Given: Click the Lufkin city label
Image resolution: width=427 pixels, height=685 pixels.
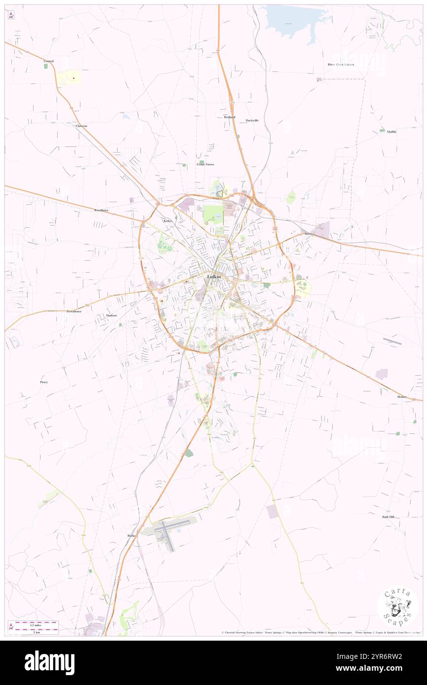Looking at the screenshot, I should pos(214,277).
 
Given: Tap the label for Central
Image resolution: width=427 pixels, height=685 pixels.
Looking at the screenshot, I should pos(48,61).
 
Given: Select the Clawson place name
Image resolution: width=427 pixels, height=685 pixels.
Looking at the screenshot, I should pos(81,126).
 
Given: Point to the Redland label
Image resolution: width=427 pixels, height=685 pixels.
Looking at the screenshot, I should pos(229,117).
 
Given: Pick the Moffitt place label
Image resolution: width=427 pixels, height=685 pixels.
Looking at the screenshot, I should pos(391,132).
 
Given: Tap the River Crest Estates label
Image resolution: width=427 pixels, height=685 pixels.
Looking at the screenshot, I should pos(341,65).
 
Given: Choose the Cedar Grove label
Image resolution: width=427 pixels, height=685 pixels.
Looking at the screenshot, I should pos(205,164).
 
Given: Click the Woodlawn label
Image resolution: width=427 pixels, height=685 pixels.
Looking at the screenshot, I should pos(101,210).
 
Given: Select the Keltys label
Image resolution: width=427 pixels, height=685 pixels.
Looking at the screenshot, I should pos(168,221).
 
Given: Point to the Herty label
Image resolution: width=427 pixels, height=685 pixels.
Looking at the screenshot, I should pos(309,234).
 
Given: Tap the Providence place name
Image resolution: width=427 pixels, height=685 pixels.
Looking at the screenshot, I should pos(74,311).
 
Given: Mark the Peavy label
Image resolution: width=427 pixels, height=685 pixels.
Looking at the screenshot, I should pos(44,382).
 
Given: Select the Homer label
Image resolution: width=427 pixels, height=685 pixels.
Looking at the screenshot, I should pos(402,397).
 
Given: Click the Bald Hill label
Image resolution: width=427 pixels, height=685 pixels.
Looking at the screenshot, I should pos(388,517).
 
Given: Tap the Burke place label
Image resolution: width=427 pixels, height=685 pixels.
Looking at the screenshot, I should pos(131,535).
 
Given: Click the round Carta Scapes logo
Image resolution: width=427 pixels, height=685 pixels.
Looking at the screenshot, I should pos(397,608).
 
